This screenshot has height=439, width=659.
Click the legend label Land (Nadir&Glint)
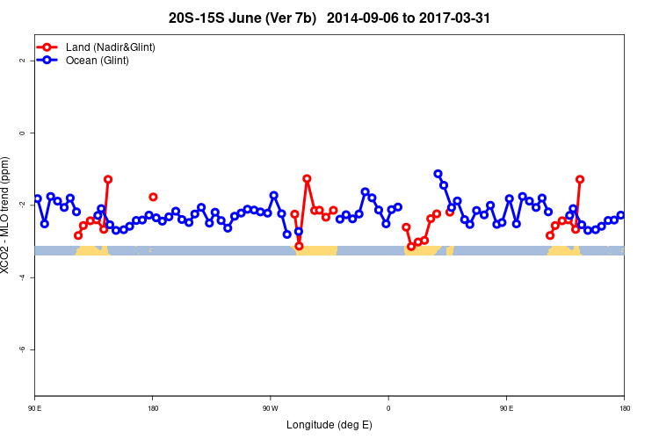coord(111,47)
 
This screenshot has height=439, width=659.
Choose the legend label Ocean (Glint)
coord(98,61)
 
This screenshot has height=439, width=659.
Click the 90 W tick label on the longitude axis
coord(270,408)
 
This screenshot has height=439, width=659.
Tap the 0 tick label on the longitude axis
coord(388,408)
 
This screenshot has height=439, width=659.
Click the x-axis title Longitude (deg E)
coord(329,426)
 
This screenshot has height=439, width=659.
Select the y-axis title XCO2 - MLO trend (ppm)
coord(7,215)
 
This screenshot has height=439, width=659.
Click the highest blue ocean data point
coord(438,174)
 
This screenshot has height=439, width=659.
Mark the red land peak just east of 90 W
coord(307,178)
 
